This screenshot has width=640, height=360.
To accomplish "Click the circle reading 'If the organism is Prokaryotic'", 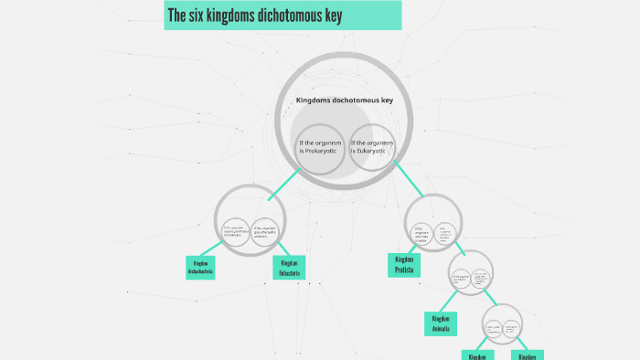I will coord(319,147).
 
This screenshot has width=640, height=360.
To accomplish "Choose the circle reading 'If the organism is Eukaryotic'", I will coord(373,147).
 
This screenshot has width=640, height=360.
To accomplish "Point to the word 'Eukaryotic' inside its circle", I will coord(373,152).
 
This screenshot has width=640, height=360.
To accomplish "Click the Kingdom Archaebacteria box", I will coord(200,267).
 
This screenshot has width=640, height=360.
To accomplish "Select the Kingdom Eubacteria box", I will coord(287,267).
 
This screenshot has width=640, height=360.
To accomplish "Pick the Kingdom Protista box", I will coord(402,265).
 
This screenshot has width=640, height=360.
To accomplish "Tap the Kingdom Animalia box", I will coord(439,323).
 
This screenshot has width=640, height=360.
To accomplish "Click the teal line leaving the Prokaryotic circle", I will coord(283,183).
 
